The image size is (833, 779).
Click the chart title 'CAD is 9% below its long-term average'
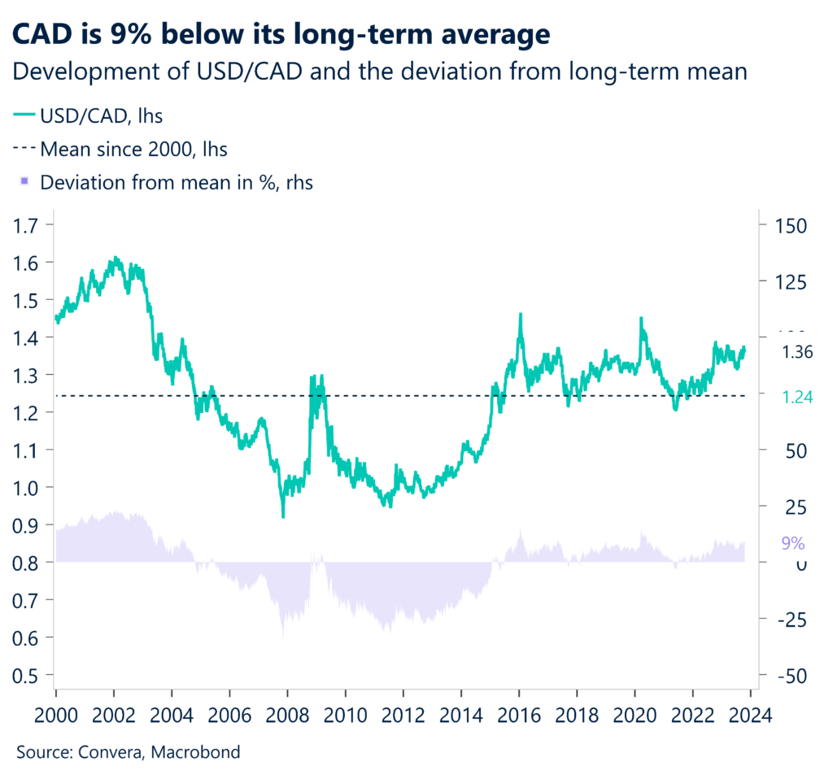point(281,35)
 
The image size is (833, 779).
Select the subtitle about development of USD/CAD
point(381,72)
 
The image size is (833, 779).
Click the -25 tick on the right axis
point(787,620)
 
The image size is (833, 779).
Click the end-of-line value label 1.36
point(797,352)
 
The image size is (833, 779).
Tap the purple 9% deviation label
point(792,543)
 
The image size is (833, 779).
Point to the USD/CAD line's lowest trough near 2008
point(283,516)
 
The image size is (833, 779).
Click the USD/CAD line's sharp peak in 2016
point(521,315)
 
